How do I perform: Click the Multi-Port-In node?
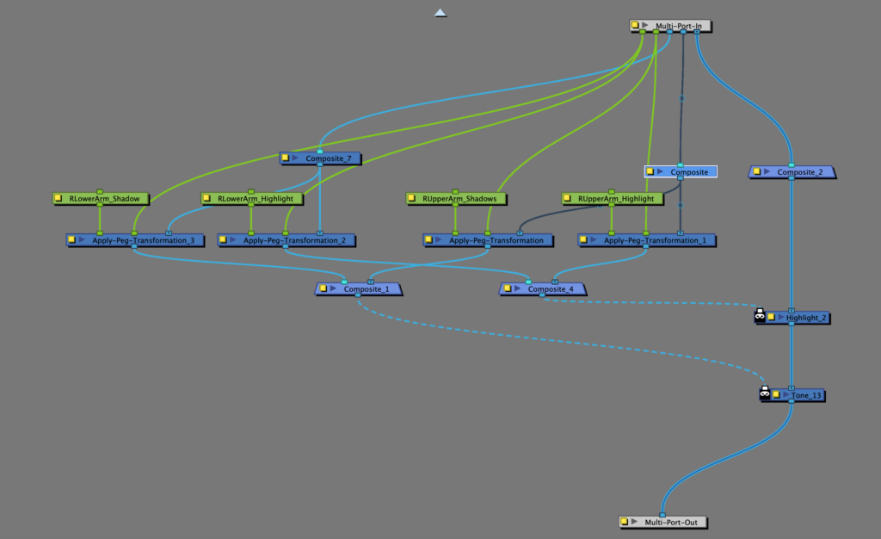pos(675,27)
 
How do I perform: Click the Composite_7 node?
pos(326,158)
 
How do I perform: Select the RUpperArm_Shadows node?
pos(459,199)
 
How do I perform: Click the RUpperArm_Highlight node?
pos(619,199)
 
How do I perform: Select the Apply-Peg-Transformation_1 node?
pos(655,240)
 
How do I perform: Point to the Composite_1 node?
pos(365,289)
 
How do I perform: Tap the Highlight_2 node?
pos(807,318)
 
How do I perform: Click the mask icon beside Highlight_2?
pos(760,316)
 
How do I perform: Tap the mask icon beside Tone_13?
pos(764,393)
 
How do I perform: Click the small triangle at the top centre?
pos(440,13)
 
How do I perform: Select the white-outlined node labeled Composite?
pos(688,172)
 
